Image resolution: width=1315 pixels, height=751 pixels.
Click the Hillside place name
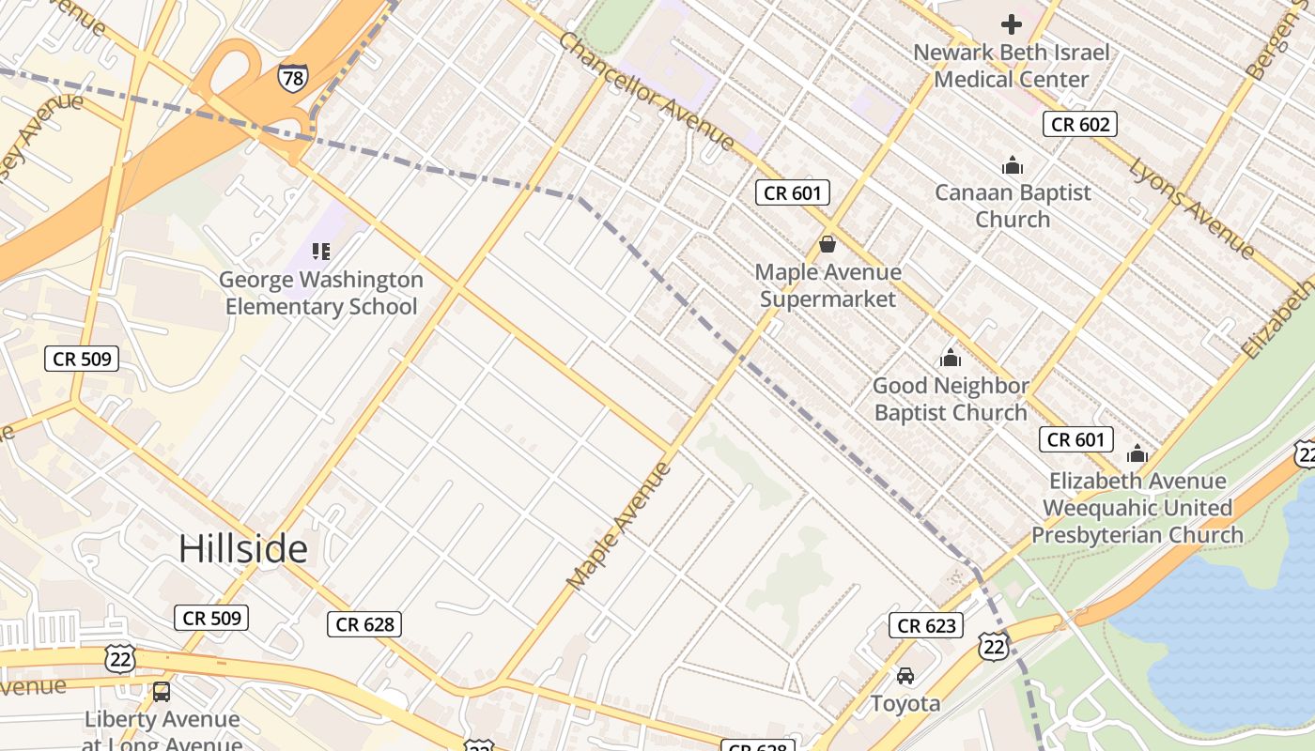click(242, 549)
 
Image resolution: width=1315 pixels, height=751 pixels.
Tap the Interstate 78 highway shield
click(292, 78)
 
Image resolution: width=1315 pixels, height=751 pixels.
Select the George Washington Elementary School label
click(321, 293)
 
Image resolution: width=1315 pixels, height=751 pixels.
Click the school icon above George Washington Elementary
click(321, 252)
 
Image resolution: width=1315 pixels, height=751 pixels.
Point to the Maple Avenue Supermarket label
click(828, 285)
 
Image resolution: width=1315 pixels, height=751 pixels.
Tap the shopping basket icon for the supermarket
click(828, 245)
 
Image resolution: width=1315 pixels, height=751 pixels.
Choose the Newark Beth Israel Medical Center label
click(1011, 66)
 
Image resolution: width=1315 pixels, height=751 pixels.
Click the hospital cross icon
click(1011, 24)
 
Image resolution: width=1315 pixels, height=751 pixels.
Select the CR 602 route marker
click(1079, 124)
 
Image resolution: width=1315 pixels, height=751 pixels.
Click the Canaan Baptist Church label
click(1013, 206)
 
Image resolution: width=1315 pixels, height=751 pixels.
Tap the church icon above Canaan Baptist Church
click(1013, 166)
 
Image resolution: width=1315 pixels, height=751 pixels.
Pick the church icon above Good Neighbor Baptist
click(951, 359)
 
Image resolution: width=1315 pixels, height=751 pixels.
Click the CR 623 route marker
click(926, 625)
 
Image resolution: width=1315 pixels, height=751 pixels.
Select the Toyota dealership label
click(905, 703)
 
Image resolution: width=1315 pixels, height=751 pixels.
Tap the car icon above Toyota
click(905, 676)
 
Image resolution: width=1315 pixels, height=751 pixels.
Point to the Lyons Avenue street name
click(1191, 208)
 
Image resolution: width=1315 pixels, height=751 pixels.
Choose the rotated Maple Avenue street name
click(620, 526)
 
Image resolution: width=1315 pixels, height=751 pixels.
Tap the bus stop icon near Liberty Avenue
click(162, 692)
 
